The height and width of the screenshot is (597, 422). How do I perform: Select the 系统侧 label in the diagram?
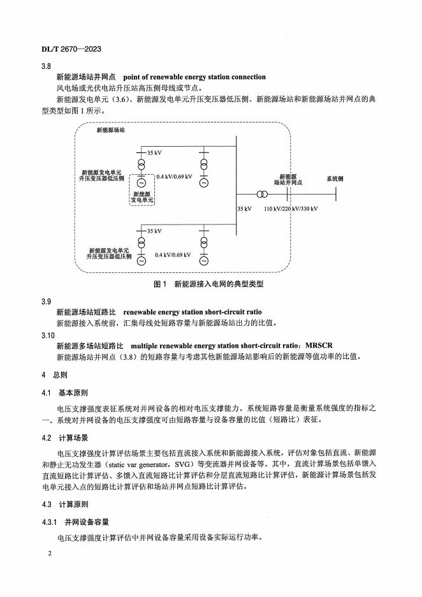click(335, 179)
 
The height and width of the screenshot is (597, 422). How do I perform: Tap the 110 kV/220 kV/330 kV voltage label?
click(291, 209)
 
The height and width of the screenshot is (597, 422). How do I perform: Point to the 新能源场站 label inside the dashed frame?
click(110, 129)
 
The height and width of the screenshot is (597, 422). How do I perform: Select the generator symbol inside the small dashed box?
click(142, 182)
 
